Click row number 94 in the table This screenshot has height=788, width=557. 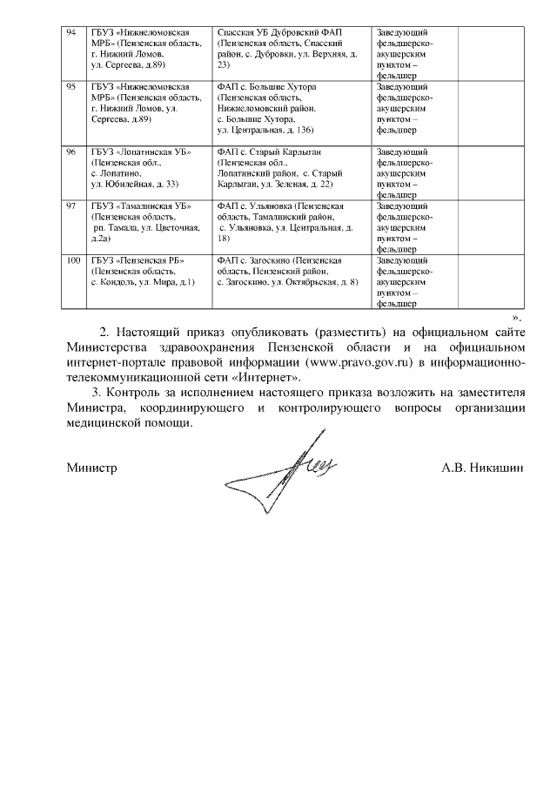click(73, 31)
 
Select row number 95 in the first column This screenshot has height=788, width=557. click(73, 88)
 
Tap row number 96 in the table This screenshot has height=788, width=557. click(73, 152)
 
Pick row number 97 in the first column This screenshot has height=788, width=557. click(73, 205)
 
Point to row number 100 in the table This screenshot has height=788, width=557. click(75, 260)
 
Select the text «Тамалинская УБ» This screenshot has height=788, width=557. click(148, 205)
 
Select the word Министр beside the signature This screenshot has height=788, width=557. click(92, 468)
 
